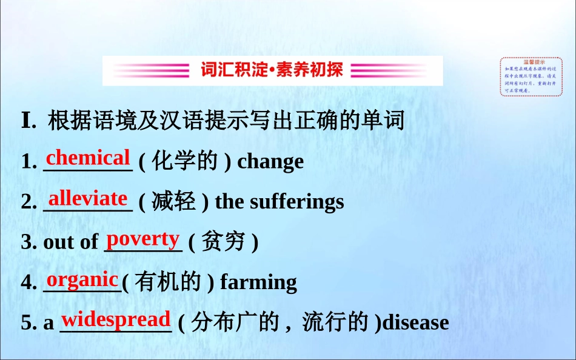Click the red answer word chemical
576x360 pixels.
click(88, 158)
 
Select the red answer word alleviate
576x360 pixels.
click(88, 198)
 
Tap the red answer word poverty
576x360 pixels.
click(143, 239)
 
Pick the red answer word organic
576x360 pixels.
click(82, 279)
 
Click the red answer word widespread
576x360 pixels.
click(116, 319)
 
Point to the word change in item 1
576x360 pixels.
click(270, 162)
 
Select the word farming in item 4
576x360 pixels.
click(258, 282)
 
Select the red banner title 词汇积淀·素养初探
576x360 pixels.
click(272, 70)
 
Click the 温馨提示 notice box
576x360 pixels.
click(531, 76)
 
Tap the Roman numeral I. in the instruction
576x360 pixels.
click(28, 121)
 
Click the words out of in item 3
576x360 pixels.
click(70, 242)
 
